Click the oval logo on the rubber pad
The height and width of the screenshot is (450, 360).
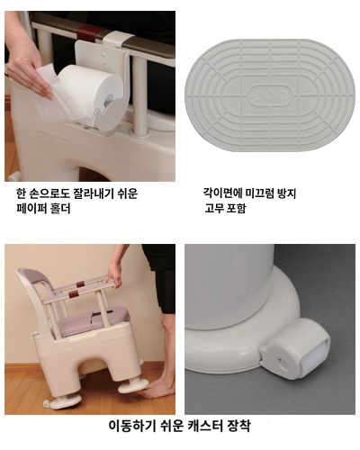(x=262, y=92)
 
